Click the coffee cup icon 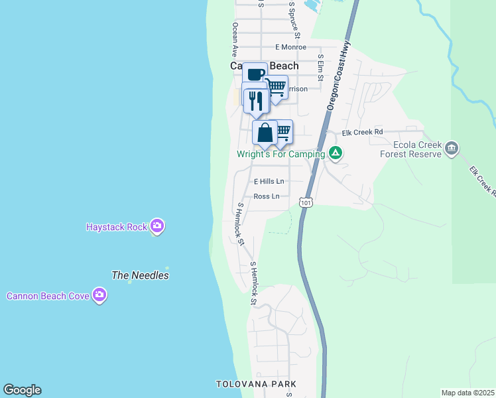[x=255, y=74]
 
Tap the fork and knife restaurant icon [x=256, y=100]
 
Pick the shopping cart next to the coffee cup [x=277, y=87]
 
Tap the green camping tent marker [x=336, y=154]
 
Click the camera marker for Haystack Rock [x=157, y=227]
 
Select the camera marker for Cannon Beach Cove [x=99, y=295]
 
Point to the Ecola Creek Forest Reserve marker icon [x=452, y=147]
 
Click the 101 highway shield [x=305, y=202]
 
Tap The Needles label [x=140, y=275]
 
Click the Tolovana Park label [x=256, y=385]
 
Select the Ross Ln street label [x=266, y=196]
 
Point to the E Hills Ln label [x=269, y=181]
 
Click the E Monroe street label [x=290, y=47]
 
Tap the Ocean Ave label [x=234, y=38]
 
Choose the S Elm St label [x=320, y=67]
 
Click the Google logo [x=22, y=390]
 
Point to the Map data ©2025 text [x=467, y=393]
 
